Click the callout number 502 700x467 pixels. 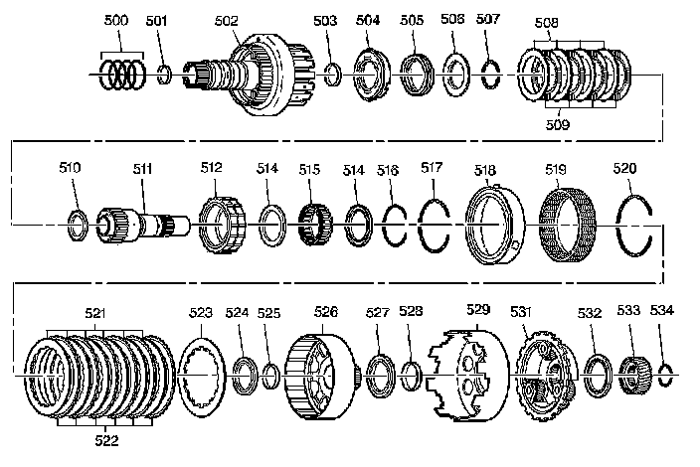(227, 20)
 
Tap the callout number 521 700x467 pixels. (95, 312)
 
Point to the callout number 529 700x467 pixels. (478, 312)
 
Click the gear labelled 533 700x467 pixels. (633, 376)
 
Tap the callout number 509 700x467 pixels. (557, 125)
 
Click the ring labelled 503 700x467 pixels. (334, 75)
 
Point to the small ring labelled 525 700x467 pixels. (270, 375)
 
